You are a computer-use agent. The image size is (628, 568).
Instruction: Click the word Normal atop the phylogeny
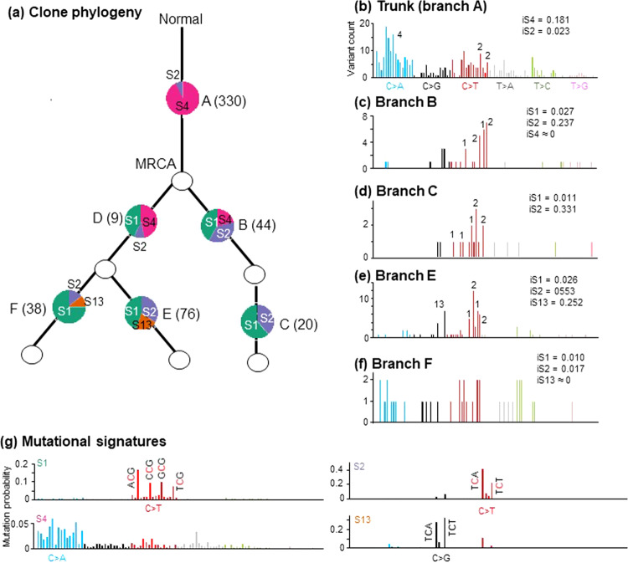[x=182, y=19]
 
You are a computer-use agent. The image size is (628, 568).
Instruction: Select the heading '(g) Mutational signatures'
[x=82, y=439]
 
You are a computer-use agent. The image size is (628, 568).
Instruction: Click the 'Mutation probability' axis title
[x=8, y=505]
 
